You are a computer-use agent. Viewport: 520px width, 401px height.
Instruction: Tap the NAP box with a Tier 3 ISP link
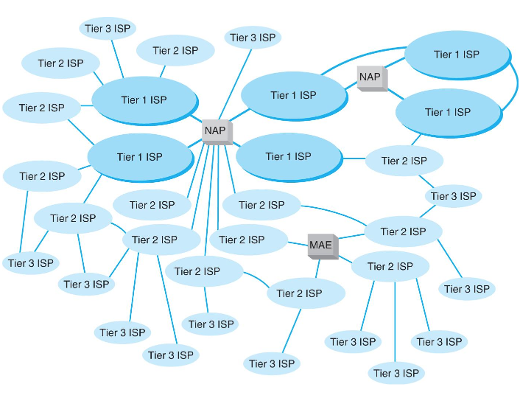pos(217,131)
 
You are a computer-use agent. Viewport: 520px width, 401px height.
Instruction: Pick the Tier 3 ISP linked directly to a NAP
pos(253,38)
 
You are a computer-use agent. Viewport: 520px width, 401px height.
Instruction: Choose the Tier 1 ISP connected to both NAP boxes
pos(293,95)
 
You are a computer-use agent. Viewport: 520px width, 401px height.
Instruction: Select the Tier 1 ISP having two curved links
pos(456,55)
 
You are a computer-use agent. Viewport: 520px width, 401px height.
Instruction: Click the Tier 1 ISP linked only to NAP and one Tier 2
pos(288,156)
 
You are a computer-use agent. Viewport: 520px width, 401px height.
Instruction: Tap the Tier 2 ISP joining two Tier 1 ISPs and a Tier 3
pos(404,161)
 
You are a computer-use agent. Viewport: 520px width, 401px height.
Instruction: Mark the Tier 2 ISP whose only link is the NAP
pos(152,205)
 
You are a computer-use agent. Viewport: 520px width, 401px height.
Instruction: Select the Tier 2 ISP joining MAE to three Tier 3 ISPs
pos(390,266)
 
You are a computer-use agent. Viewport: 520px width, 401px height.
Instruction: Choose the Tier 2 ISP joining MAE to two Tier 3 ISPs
pos(403,231)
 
